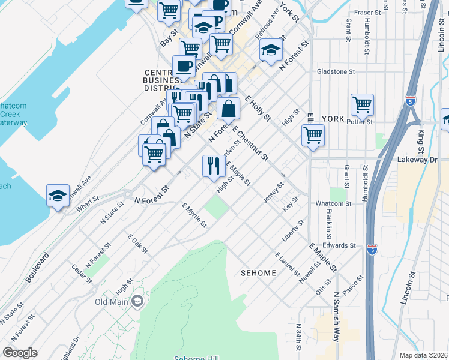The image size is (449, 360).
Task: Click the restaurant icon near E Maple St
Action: pyautogui.click(x=214, y=166)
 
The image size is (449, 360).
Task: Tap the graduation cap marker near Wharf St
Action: pyautogui.click(x=58, y=195)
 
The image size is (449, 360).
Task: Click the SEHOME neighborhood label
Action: pyautogui.click(x=258, y=273)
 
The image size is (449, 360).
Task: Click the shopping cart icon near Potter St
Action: pyautogui.click(x=362, y=104)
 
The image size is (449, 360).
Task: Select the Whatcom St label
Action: pyautogui.click(x=334, y=204)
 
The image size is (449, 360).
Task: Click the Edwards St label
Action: pyautogui.click(x=339, y=245)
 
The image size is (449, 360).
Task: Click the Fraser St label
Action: pyautogui.click(x=367, y=12)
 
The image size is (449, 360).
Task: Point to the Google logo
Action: pyautogui.click(x=20, y=353)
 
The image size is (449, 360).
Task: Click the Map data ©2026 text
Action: pyautogui.click(x=424, y=355)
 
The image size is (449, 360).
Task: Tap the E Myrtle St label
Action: pyautogui.click(x=194, y=215)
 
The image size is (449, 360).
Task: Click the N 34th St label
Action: pyautogui.click(x=298, y=338)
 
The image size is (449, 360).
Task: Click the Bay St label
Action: pyautogui.click(x=169, y=38)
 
